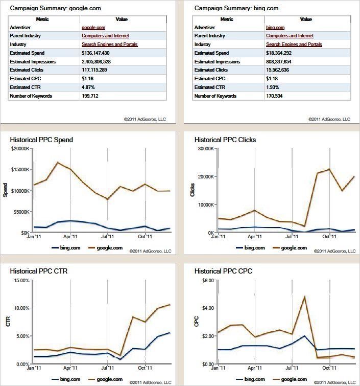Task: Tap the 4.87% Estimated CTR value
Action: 89,87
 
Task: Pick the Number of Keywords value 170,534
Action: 275,96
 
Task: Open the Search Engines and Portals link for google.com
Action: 110,44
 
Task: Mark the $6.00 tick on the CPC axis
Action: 206,280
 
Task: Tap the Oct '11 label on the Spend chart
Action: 146,237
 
